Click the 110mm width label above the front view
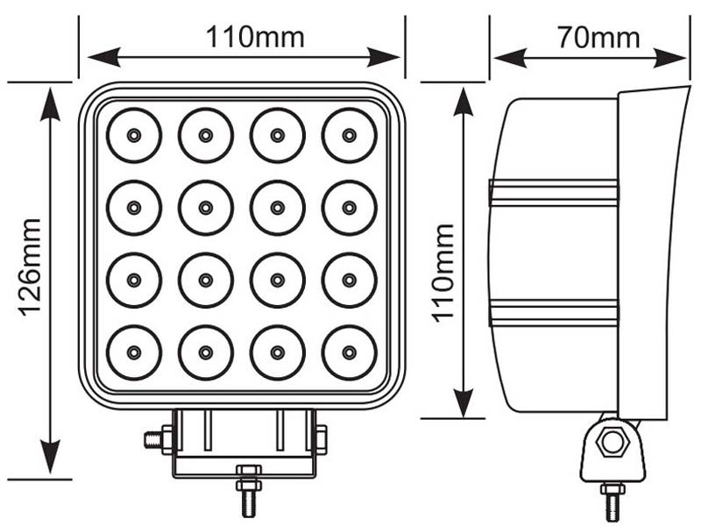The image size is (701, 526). pos(255,37)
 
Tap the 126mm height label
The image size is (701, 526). pos(30,267)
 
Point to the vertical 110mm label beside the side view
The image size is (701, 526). pos(443,273)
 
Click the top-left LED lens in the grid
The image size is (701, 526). pos(134,135)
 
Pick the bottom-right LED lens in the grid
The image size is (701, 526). pos(349,352)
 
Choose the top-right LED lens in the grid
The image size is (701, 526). pos(349,135)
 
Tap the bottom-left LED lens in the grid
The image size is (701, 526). pos(134,352)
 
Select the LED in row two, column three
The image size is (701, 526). pos(277,208)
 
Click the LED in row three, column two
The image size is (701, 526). pos(206,280)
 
